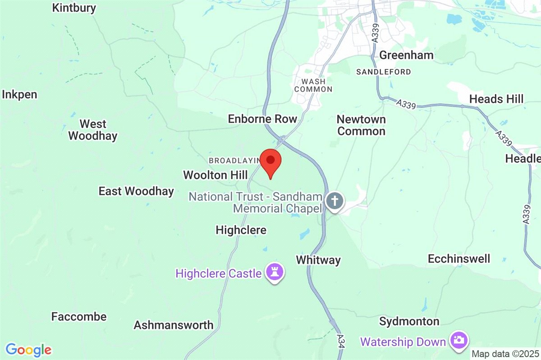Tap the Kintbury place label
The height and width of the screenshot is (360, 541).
74,8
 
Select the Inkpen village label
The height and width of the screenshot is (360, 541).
20,95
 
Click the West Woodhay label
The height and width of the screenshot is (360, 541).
93,130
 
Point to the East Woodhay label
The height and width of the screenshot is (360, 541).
136,191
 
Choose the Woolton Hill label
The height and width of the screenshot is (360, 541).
215,175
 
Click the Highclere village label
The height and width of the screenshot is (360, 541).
241,230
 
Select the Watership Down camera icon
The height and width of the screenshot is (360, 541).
458,340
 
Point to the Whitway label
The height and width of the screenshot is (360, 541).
318,260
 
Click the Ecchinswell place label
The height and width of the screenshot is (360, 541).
458,259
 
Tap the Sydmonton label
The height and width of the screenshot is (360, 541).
409,321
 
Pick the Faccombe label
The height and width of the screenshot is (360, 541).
79,317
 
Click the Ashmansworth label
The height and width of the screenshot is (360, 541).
174,325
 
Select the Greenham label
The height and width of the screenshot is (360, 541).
406,55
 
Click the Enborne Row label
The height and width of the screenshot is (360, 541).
262,119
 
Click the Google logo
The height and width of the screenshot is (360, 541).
28,350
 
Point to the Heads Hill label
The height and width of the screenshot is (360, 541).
496,99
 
